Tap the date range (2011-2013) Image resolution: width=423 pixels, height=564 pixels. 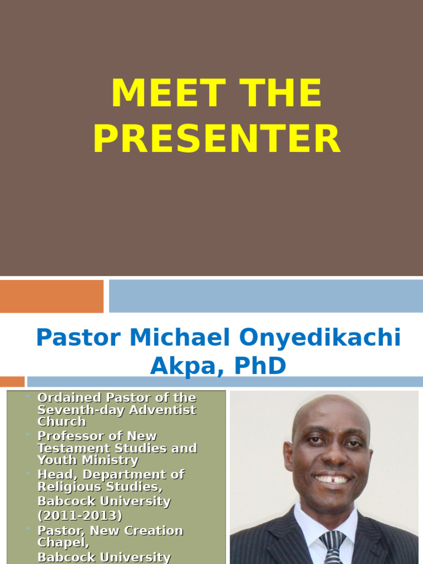(x=80, y=516)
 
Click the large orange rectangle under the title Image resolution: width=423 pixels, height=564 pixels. (x=52, y=296)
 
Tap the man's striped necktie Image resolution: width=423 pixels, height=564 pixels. (x=333, y=548)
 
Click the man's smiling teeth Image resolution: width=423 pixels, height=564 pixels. (x=332, y=479)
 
